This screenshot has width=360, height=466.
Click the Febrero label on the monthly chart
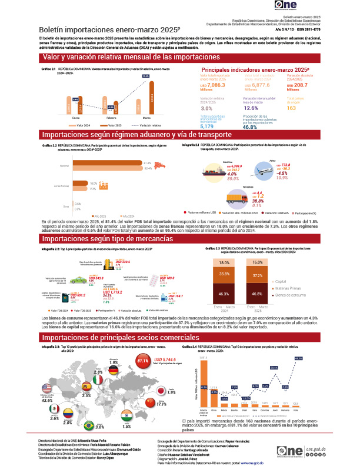point(112,118)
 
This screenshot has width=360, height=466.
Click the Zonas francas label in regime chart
point(62,185)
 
